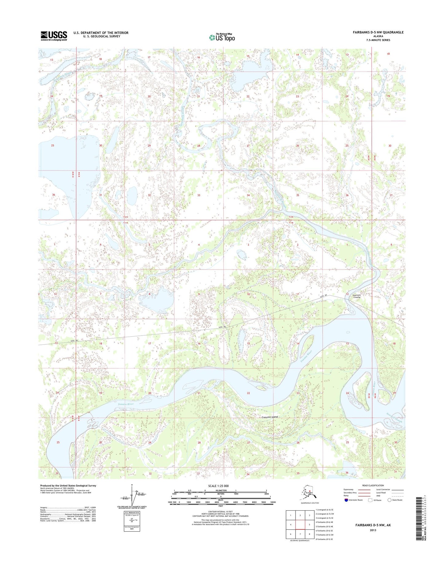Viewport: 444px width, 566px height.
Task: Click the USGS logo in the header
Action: pos(54,36)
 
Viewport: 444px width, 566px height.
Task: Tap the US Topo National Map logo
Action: pos(222,37)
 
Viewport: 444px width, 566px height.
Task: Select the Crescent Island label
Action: pos(269,417)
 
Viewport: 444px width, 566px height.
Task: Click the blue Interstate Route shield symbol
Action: pos(346,500)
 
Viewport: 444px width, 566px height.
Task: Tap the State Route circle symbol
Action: pos(390,500)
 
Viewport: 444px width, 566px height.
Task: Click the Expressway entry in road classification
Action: pos(349,489)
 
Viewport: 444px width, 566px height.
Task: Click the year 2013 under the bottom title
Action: pos(373,530)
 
